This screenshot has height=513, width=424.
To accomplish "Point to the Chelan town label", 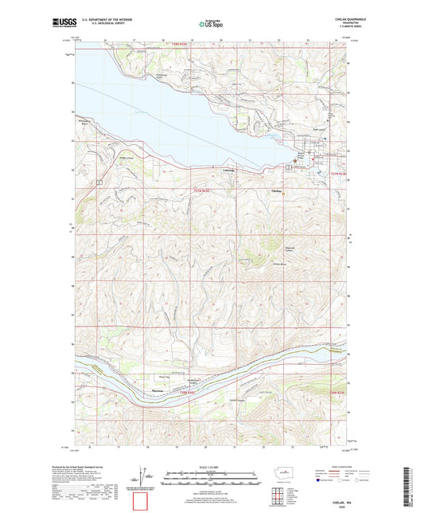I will coord(277,191).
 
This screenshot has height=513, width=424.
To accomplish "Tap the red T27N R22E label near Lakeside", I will coord(204,189).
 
